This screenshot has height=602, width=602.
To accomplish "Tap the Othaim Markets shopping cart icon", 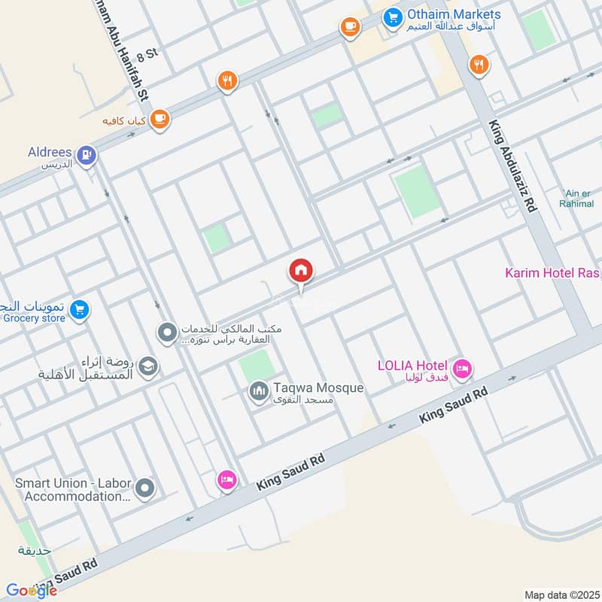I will [x=391, y=16].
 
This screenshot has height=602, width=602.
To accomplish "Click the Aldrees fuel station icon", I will [x=87, y=155].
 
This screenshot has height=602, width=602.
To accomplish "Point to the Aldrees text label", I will [x=50, y=151].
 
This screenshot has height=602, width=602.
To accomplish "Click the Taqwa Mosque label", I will [x=318, y=388].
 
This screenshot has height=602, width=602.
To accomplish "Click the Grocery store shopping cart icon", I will [x=78, y=309].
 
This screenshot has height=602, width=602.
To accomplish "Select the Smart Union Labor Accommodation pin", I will [x=146, y=488].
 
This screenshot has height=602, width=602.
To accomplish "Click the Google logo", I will [x=32, y=591].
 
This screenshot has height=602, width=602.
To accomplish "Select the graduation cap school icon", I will [x=148, y=366].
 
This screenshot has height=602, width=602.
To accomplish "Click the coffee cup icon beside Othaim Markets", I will [x=349, y=26].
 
